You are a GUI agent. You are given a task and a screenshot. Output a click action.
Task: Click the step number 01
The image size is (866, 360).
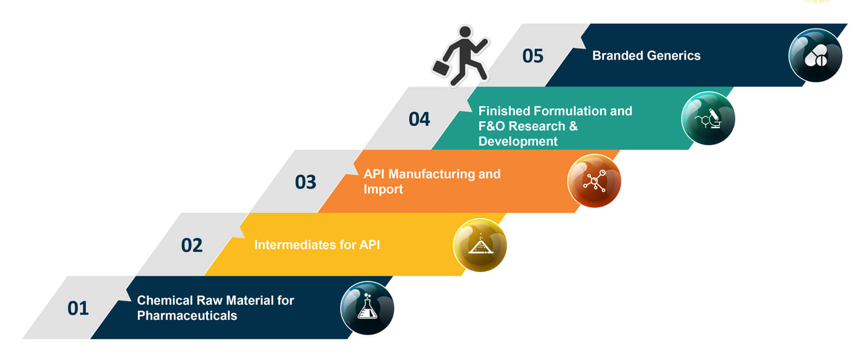click(78, 308)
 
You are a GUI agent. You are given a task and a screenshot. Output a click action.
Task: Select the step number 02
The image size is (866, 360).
click(192, 245)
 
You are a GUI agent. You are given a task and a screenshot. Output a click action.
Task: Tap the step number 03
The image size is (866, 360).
click(305, 182)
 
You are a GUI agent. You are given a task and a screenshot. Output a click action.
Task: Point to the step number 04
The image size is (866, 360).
click(419, 119)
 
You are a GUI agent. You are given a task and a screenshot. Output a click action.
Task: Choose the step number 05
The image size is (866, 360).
click(533, 56)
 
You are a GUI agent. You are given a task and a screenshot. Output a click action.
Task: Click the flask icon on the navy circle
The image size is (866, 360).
click(367, 308)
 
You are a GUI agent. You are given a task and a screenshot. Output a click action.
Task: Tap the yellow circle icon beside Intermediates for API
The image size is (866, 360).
click(480, 245)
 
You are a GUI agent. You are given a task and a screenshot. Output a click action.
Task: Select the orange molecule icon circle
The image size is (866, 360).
click(594, 181)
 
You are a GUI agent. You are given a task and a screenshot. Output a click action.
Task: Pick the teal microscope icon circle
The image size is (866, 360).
click(708, 119)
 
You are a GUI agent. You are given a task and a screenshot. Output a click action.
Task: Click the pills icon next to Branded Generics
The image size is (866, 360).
click(816, 55)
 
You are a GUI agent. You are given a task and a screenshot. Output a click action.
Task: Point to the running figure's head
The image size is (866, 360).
click(465, 32)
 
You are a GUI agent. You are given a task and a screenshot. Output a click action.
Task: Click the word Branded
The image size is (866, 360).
click(616, 56)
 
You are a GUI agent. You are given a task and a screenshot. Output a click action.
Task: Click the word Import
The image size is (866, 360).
click(383, 189)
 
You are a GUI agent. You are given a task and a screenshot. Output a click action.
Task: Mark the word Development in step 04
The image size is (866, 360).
click(518, 141)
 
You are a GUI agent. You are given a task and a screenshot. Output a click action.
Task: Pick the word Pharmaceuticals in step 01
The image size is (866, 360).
click(187, 316)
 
